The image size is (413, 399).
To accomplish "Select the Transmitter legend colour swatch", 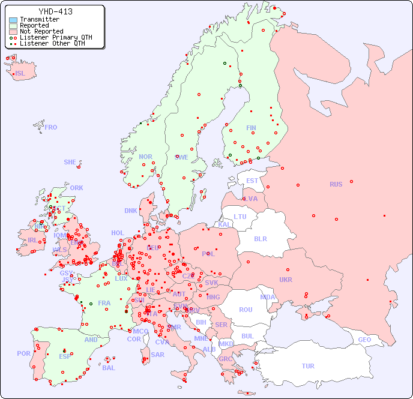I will click(x=13, y=20).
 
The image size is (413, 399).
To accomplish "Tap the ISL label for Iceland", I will click(x=20, y=74).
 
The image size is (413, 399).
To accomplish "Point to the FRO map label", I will click(x=51, y=127).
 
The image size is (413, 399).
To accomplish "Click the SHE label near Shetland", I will click(x=70, y=162).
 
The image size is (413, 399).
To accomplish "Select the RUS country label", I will click(x=336, y=184).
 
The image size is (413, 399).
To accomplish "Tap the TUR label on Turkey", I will click(x=308, y=366).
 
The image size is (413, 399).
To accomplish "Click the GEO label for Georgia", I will click(x=364, y=340).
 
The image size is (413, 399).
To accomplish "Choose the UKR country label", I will click(x=286, y=280).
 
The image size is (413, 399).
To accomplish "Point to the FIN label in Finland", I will click(x=251, y=128).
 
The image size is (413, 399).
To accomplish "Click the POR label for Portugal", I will click(x=23, y=353).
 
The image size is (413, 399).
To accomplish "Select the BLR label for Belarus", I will click(x=261, y=238).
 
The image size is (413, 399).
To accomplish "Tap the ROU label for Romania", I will click(x=246, y=310).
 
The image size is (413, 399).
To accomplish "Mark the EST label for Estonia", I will click(x=252, y=181).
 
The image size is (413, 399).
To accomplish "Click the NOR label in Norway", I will click(x=145, y=157).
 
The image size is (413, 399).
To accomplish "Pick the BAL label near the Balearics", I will click(x=108, y=368).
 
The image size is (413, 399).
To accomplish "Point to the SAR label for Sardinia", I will click(x=157, y=354).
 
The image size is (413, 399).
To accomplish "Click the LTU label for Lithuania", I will click(x=240, y=217).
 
